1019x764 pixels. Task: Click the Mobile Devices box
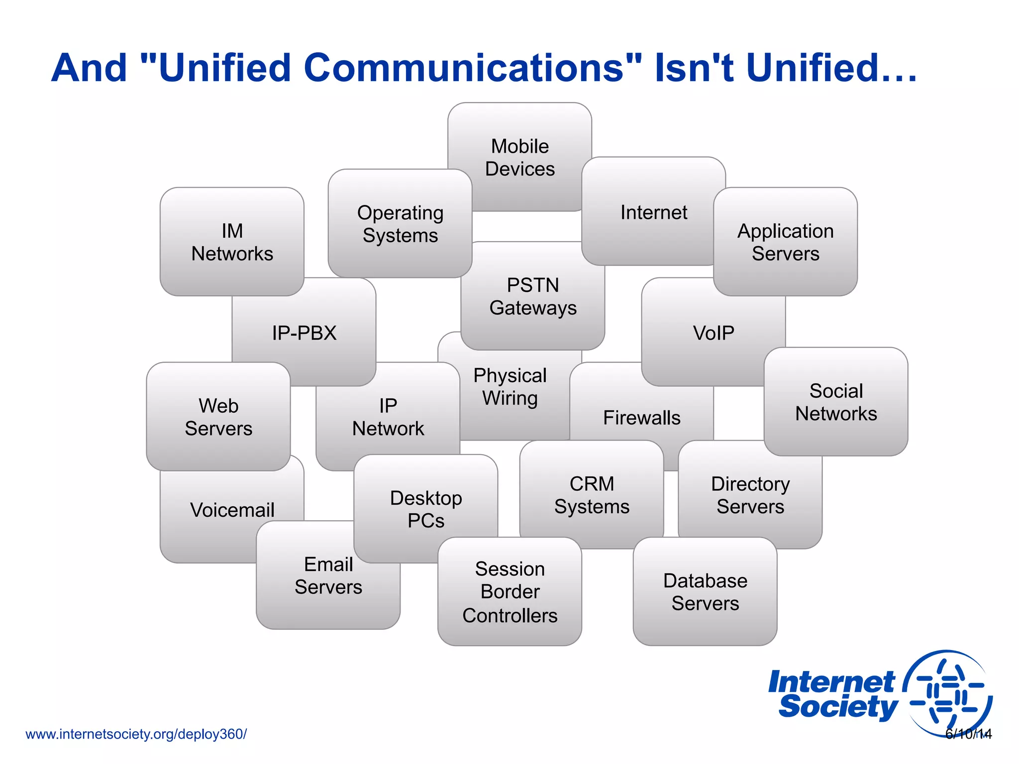[x=519, y=157]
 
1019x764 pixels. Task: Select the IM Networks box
[x=232, y=242]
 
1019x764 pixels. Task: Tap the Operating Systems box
[x=400, y=224]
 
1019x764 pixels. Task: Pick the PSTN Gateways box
[x=533, y=296]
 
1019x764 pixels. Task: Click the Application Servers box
[x=785, y=242]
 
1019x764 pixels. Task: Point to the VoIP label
[x=713, y=333]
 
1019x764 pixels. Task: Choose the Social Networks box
[x=836, y=402]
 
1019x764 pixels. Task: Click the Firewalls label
[x=641, y=418]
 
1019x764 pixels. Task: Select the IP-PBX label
[x=304, y=333]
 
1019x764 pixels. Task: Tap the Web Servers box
[x=218, y=417]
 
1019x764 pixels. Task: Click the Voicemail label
[x=232, y=510]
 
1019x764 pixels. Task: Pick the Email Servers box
[x=328, y=575]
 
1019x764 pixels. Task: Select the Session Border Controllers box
[x=509, y=592]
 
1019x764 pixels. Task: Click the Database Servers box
[x=705, y=592]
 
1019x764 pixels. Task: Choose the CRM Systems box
[x=592, y=495]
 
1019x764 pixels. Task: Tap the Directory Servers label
[x=750, y=495]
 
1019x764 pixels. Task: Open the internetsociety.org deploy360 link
[x=136, y=734]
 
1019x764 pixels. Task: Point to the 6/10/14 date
[x=968, y=734]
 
